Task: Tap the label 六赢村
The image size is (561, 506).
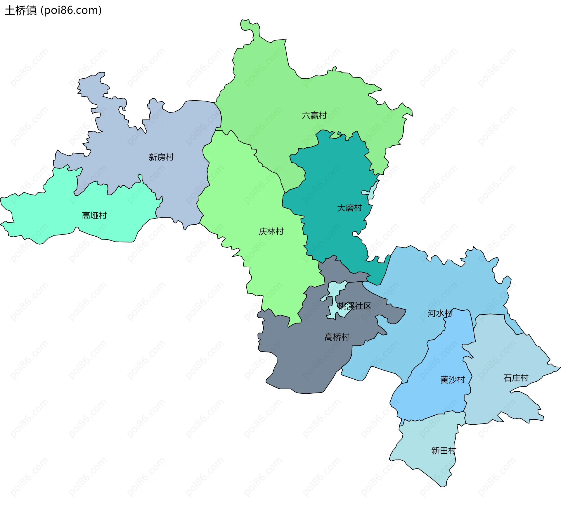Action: pos(314,116)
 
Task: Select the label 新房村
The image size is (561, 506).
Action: pos(161,157)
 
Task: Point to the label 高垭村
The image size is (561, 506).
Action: pos(94,216)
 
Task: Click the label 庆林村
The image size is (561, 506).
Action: pos(271,231)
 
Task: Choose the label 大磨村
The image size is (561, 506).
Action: pos(349,208)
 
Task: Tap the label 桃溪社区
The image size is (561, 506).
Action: pos(355,306)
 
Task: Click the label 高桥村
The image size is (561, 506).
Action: pos(337,337)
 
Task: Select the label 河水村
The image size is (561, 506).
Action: pos(440,313)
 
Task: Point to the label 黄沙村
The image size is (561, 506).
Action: pos(453,380)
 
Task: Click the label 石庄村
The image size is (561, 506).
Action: pos(516,378)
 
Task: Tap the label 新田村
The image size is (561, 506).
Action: pos(444,450)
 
